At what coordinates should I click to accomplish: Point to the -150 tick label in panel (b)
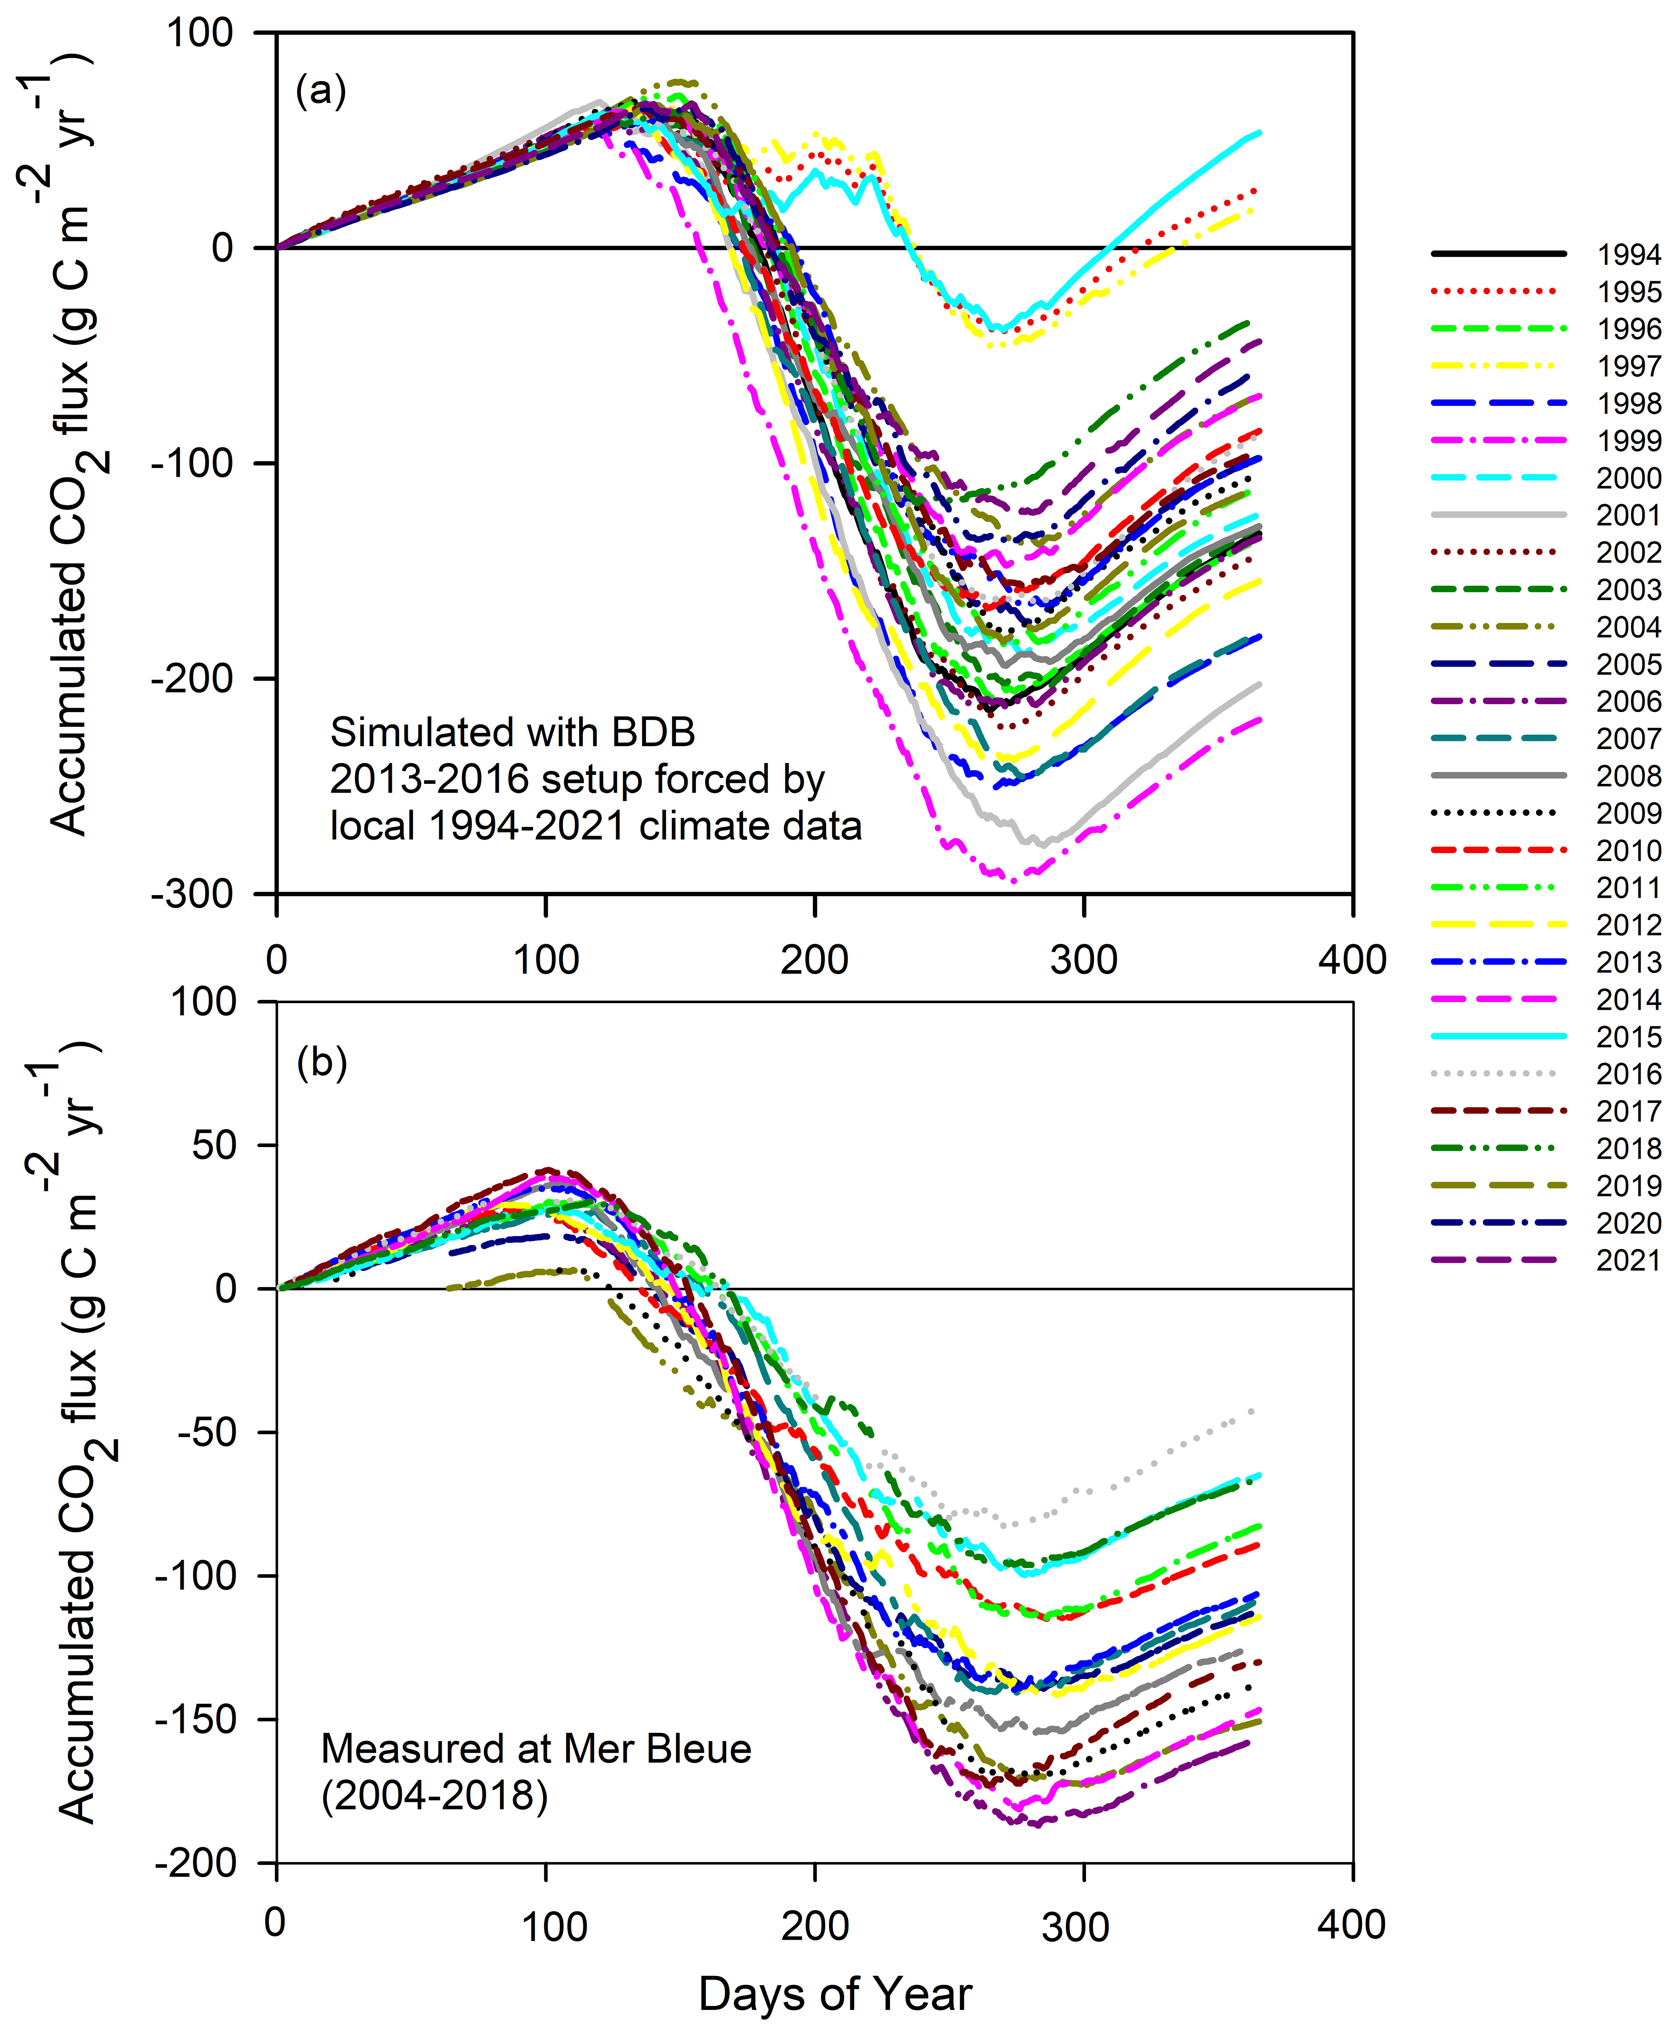tap(195, 1719)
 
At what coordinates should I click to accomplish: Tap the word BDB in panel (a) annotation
tap(653, 733)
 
